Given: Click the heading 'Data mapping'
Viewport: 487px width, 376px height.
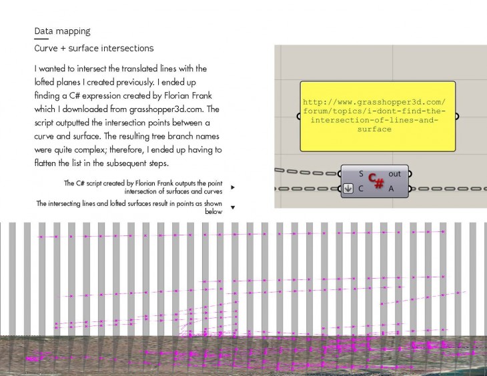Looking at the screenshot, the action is (x=63, y=31).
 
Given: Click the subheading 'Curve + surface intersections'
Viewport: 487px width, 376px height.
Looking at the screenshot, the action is (x=94, y=48).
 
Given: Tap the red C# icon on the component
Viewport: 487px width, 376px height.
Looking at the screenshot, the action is (x=376, y=181).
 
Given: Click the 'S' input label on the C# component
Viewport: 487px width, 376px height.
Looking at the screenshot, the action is (x=361, y=174).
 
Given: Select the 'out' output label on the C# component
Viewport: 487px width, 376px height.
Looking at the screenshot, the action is (x=394, y=174).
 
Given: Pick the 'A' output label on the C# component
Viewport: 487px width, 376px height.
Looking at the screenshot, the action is (x=391, y=189).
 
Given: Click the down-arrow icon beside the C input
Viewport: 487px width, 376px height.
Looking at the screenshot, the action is (x=348, y=189).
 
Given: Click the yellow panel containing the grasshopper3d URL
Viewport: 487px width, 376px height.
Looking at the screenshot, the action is (x=378, y=117).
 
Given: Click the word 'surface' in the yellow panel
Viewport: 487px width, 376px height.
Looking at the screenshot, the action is (x=374, y=129).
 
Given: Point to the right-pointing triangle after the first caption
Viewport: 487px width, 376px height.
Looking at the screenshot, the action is (x=233, y=187).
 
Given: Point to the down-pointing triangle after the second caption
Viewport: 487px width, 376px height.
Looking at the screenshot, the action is (x=233, y=207).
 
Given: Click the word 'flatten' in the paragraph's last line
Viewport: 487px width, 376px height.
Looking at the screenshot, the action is (x=45, y=163).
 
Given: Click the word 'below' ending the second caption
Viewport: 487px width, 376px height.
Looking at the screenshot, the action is (x=213, y=211).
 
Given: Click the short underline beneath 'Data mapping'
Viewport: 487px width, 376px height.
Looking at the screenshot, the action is (x=41, y=39).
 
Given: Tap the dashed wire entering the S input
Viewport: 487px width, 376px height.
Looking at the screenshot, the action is (x=308, y=172).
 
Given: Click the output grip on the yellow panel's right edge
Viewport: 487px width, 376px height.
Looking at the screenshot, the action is (x=456, y=117).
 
